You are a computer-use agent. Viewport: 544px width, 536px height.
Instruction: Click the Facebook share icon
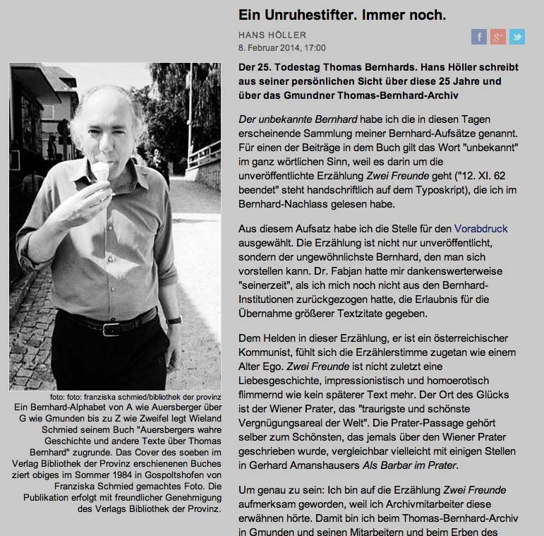pos(479,37)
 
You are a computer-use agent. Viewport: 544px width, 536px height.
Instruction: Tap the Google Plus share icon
pos(498,37)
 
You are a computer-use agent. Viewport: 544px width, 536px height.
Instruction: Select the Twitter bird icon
pos(517,37)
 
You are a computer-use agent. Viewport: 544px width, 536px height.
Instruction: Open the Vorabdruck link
pos(480,229)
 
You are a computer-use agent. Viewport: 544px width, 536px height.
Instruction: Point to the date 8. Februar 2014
pos(269,48)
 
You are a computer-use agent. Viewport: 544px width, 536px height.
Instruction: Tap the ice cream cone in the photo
pos(103,170)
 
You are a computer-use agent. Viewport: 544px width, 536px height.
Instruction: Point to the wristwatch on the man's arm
pos(173,320)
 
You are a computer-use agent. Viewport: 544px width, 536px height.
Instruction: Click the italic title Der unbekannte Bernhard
pos(298,119)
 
